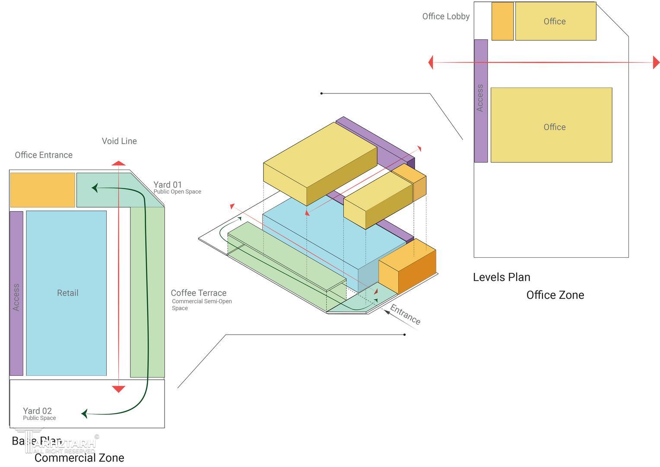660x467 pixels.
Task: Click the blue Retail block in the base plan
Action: pos(66,293)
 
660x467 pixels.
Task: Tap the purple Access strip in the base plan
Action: pos(16,293)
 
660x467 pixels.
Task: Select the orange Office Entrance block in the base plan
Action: pos(42,190)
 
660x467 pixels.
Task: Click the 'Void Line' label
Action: pos(119,141)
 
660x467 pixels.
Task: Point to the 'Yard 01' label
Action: pos(168,185)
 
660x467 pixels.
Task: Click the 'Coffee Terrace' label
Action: pos(198,293)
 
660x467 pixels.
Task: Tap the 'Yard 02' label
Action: pos(37,411)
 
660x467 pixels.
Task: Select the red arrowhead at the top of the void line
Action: pos(118,163)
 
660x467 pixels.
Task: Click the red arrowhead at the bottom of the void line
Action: pos(118,389)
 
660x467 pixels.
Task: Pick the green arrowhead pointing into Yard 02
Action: pos(84,414)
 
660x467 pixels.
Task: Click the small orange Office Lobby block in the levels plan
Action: pos(502,21)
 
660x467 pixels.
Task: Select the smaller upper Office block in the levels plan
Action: pos(555,21)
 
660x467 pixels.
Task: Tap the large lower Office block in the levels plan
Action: pos(551,125)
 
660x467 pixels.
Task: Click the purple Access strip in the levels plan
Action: pos(481,101)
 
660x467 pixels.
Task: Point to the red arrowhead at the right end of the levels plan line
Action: pos(656,63)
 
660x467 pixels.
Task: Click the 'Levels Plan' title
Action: pos(501,277)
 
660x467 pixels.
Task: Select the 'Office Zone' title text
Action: pos(555,295)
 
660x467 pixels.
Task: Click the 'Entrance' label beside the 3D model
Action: pos(405,314)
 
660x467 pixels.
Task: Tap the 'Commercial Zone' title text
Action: pos(79,457)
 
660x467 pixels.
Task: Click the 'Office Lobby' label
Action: pos(446,16)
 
